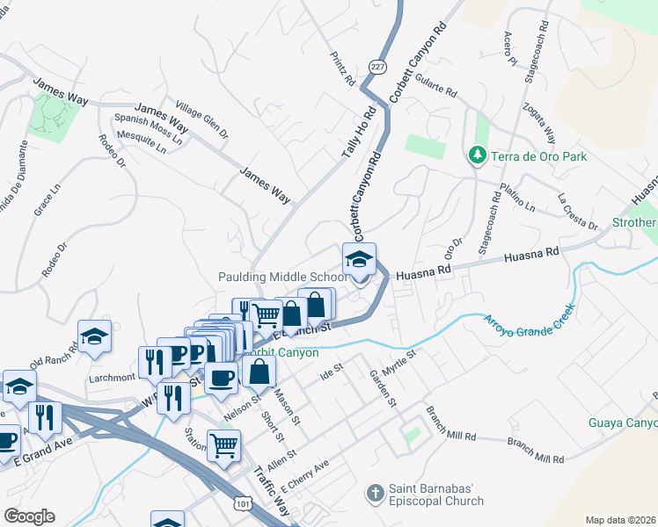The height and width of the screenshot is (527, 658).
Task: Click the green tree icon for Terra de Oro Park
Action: (x=478, y=155)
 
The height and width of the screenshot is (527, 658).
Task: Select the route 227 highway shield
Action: (x=377, y=68)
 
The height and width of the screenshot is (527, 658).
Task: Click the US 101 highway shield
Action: (x=244, y=500)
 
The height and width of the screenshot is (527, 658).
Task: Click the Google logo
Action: (x=29, y=516)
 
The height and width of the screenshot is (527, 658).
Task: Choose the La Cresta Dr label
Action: (x=577, y=212)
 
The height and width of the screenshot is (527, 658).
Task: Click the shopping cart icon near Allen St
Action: (x=224, y=444)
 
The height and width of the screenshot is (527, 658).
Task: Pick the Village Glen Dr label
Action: (x=201, y=119)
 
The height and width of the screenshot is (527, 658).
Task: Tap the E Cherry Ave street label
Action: (x=300, y=474)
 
